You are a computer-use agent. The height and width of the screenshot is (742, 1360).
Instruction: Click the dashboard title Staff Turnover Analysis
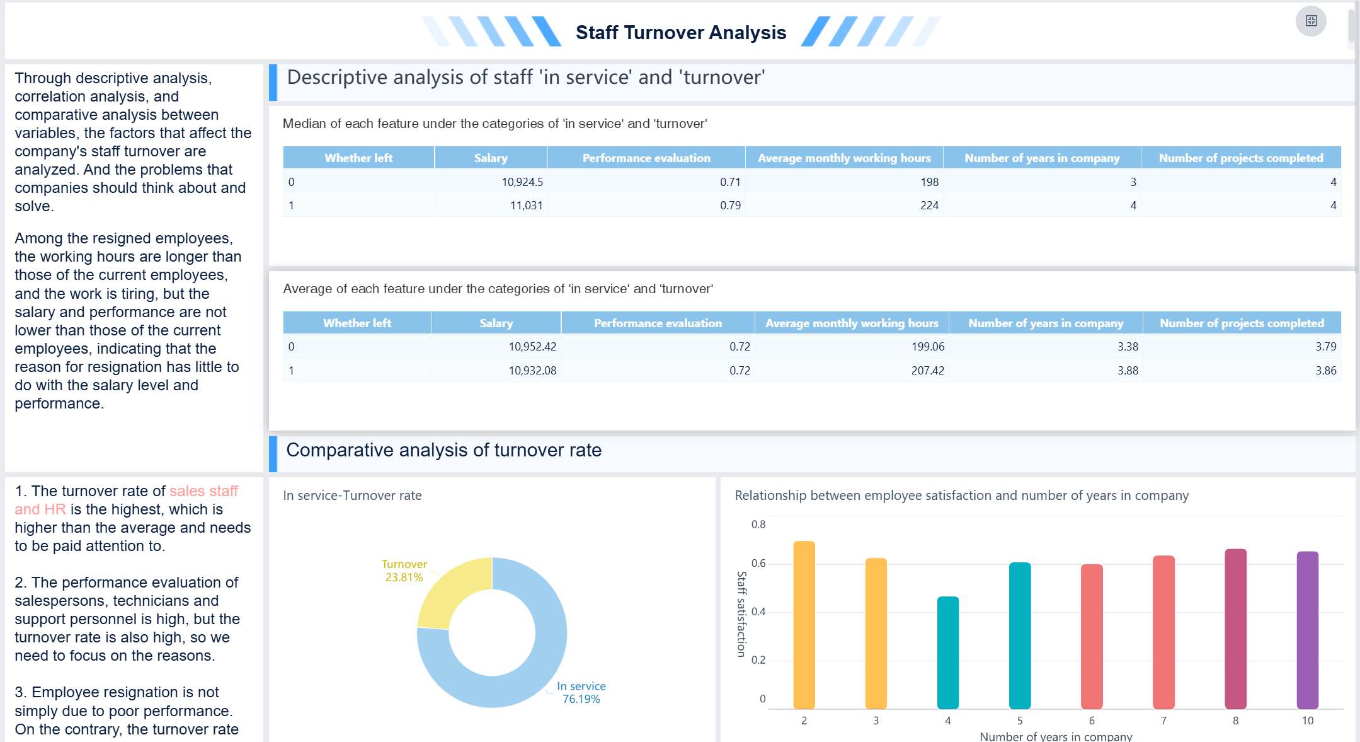680,32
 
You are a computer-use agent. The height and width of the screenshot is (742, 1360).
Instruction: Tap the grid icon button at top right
1311,21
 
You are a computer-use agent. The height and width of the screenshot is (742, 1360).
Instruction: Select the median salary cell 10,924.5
522,182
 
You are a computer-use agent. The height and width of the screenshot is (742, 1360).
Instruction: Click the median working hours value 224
929,206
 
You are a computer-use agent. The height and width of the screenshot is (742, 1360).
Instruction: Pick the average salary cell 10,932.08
532,371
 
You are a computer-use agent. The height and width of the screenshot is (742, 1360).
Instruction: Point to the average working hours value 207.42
927,371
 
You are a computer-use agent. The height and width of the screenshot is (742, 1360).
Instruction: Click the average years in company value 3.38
1128,347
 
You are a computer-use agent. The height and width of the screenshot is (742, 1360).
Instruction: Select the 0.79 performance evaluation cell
730,206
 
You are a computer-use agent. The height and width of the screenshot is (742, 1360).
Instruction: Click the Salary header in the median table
491,158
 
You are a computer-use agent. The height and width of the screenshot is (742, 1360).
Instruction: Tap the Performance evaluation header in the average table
658,323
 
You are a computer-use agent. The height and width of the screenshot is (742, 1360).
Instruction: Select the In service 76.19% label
581,692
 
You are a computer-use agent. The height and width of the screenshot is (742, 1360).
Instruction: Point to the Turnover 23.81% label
404,571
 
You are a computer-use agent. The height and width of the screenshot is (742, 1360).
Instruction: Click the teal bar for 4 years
947,652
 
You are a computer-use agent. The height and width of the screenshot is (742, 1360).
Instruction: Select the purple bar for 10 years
1307,630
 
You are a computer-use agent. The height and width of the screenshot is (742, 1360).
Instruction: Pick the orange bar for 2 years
804,624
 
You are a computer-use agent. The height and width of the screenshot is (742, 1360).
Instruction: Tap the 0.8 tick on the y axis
758,525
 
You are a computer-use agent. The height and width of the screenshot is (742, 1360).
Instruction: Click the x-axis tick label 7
1163,721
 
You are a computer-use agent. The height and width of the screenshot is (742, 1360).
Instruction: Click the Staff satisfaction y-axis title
741,614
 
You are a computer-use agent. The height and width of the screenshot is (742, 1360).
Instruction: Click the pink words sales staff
203,491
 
